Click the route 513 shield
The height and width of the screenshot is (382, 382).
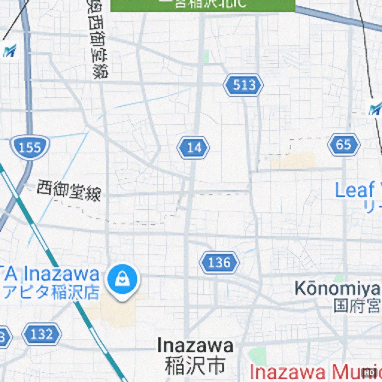click(x=243, y=85)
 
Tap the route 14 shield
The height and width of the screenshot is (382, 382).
click(x=193, y=148)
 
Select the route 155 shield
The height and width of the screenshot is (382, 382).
click(x=30, y=148)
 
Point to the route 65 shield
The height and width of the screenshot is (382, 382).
click(x=344, y=145)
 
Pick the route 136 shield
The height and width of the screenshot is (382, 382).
click(x=219, y=263)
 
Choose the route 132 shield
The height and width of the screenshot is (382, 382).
click(x=41, y=334)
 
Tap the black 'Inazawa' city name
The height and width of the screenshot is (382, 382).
click(x=195, y=345)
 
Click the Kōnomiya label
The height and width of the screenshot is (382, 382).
click(x=336, y=288)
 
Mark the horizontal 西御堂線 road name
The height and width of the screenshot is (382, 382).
click(x=69, y=191)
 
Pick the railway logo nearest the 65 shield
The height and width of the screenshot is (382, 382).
click(x=374, y=109)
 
